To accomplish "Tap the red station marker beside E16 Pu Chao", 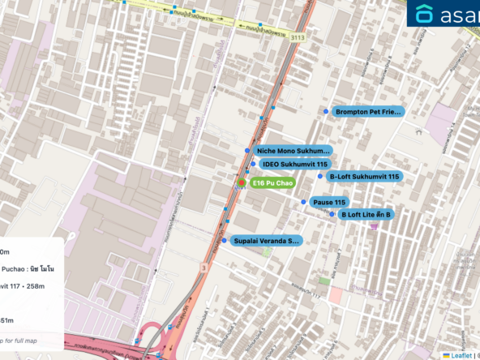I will tap(241, 183).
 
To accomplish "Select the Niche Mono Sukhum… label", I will tap(293, 151).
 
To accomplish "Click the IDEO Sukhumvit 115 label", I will tap(294, 165).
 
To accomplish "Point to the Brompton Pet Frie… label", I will tap(368, 112).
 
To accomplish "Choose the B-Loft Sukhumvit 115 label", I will tap(364, 176).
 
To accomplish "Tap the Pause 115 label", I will tap(329, 202).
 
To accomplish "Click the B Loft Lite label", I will tap(366, 215).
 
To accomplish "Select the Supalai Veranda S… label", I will tap(266, 241).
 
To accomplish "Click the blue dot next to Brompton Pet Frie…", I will tap(327, 112).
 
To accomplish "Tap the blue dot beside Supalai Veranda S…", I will tap(224, 241).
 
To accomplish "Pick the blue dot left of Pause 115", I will tap(304, 202).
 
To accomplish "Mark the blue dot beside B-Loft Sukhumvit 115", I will tap(320, 176).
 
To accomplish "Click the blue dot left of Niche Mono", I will tap(246, 151).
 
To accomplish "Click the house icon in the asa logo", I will tap(425, 13).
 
